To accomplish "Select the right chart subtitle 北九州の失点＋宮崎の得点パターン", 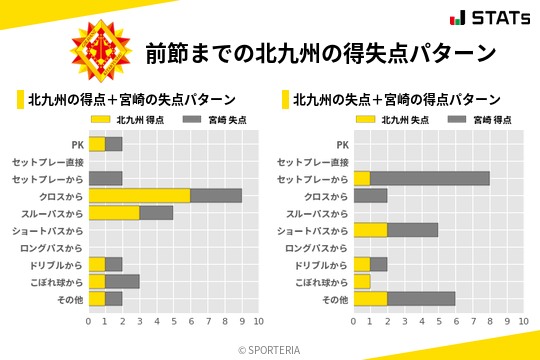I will pyautogui.click(x=397, y=99).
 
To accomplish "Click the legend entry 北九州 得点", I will pyautogui.click(x=128, y=119).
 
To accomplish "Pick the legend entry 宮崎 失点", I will pyautogui.click(x=215, y=119).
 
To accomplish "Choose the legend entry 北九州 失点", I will pyautogui.click(x=393, y=119).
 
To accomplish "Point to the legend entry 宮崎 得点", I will pyautogui.click(x=481, y=119).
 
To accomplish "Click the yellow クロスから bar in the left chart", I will pyautogui.click(x=139, y=195).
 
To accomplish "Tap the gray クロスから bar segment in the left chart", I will pyautogui.click(x=216, y=195).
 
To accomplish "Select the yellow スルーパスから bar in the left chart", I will pyautogui.click(x=114, y=212).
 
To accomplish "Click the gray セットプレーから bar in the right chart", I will pyautogui.click(x=429, y=178).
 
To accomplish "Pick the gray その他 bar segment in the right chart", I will pyautogui.click(x=421, y=298).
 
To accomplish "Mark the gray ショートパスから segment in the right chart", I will pyautogui.click(x=412, y=230).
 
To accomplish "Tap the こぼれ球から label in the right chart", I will pyautogui.click(x=318, y=281).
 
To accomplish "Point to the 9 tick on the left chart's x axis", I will pyautogui.click(x=242, y=321).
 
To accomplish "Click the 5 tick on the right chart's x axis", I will pyautogui.click(x=438, y=321).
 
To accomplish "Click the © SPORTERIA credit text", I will pyautogui.click(x=270, y=349).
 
